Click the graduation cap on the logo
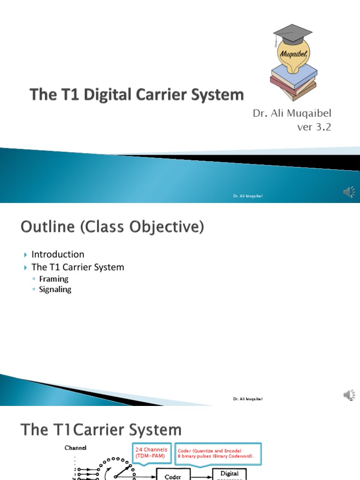pos(293,33)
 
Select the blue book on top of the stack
pos(294,73)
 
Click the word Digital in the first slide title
pos(110,95)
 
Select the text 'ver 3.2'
pos(315,127)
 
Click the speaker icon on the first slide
pos(349,192)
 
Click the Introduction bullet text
pos(58,254)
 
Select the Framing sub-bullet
pos(53,279)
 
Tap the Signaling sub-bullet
pos(55,289)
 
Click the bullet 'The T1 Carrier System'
pos(77,267)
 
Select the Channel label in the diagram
pos(75,448)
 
